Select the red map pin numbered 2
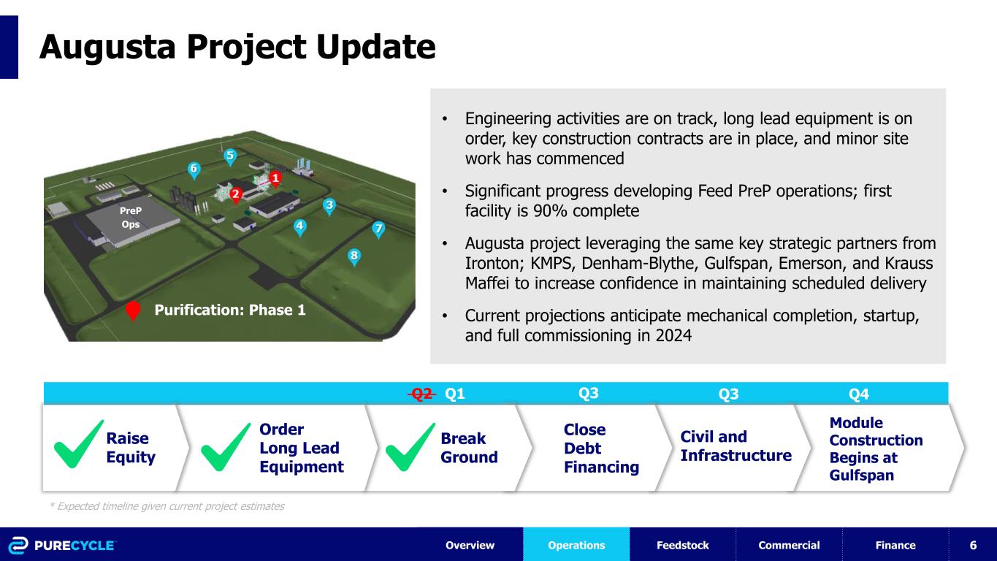click(x=235, y=195)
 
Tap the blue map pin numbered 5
click(x=230, y=157)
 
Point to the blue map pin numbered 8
click(x=354, y=257)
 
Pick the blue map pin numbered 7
click(x=378, y=230)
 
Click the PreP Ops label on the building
click(x=131, y=217)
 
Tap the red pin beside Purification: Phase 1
click(x=133, y=310)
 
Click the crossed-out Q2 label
click(x=421, y=394)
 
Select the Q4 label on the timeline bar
click(x=858, y=394)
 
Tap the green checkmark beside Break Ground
click(x=410, y=447)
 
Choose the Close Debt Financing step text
click(x=601, y=448)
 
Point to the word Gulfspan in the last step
click(x=862, y=475)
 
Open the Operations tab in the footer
click(x=576, y=544)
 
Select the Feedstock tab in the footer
click(x=683, y=544)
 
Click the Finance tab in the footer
click(x=895, y=544)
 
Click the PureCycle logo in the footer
click(x=62, y=546)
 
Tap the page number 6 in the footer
click(x=973, y=545)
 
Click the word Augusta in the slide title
click(x=107, y=47)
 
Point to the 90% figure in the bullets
click(x=550, y=210)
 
